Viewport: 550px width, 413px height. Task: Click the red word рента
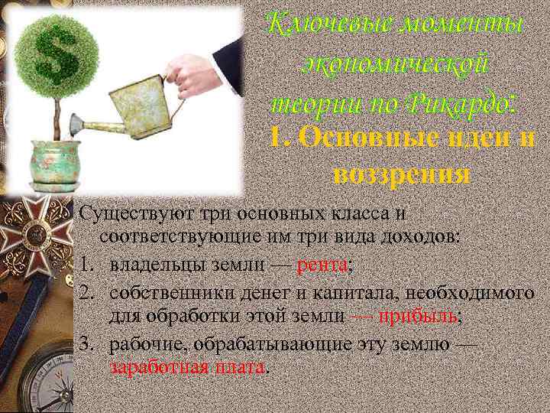322,265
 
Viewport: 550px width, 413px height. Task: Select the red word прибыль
419,316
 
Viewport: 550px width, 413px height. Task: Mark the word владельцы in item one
150,265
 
